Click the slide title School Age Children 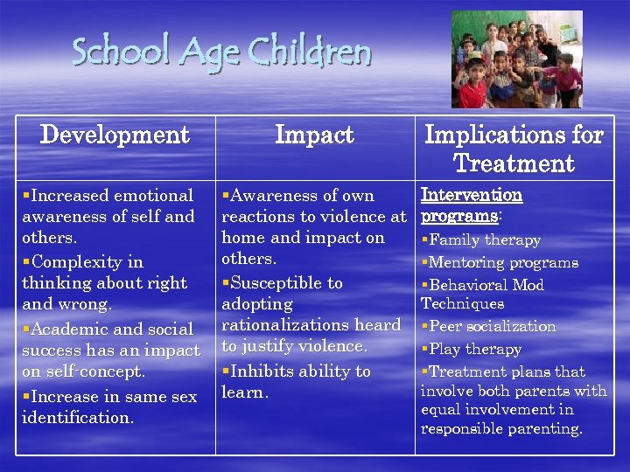click(221, 52)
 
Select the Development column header click(115, 135)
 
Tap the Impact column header click(314, 135)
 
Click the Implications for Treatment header click(514, 149)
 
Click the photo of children click(516, 59)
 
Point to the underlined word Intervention click(472, 195)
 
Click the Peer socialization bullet click(491, 327)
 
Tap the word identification click(78, 418)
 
